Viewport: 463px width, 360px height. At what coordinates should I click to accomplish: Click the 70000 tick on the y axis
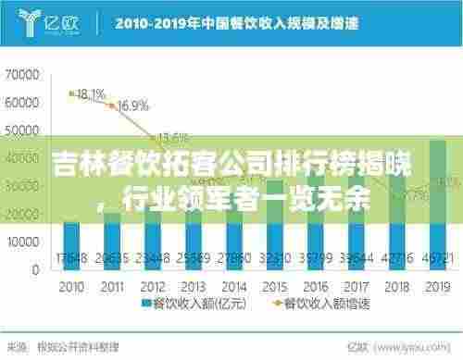click(x=19, y=71)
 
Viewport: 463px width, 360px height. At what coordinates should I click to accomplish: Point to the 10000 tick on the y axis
click(x=19, y=240)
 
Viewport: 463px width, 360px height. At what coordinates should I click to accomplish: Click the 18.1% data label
click(x=90, y=93)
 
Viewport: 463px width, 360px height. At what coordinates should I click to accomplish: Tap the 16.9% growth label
click(x=133, y=106)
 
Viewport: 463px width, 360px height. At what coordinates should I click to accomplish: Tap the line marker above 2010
click(x=70, y=93)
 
